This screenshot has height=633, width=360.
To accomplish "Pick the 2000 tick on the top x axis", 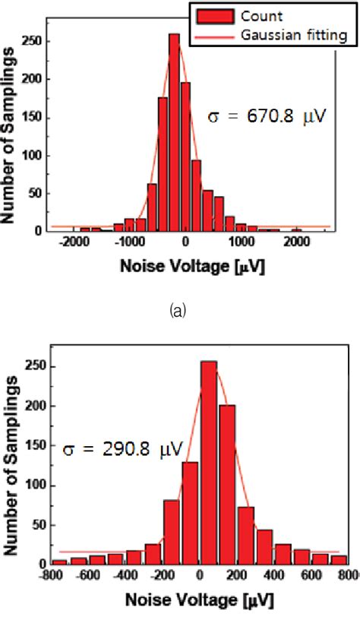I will coord(296,242).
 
